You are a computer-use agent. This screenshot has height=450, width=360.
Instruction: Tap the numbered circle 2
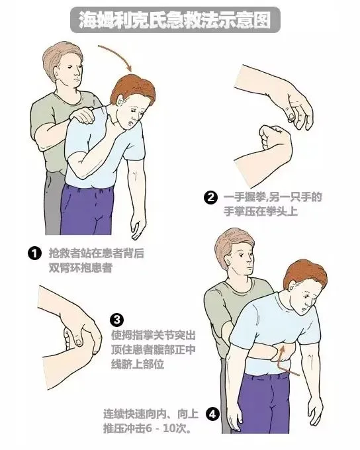[x=210, y=197]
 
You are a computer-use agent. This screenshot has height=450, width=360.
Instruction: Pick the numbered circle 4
[x=212, y=415]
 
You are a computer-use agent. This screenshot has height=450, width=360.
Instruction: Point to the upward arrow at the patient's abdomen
[x=285, y=361]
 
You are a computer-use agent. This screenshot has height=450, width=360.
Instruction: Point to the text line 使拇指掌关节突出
[x=156, y=334]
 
